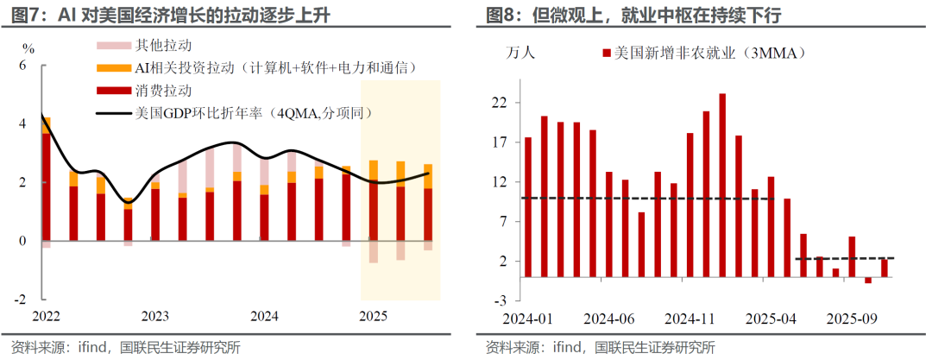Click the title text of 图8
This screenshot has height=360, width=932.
(x=639, y=15)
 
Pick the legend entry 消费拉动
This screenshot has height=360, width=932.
(x=164, y=90)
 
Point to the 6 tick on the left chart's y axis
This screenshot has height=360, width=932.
(x=23, y=66)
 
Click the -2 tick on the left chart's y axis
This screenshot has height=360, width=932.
(x=22, y=300)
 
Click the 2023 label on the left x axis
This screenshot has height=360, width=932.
(x=155, y=317)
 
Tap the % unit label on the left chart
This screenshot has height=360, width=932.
(x=28, y=47)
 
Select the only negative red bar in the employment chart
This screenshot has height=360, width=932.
(x=868, y=280)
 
